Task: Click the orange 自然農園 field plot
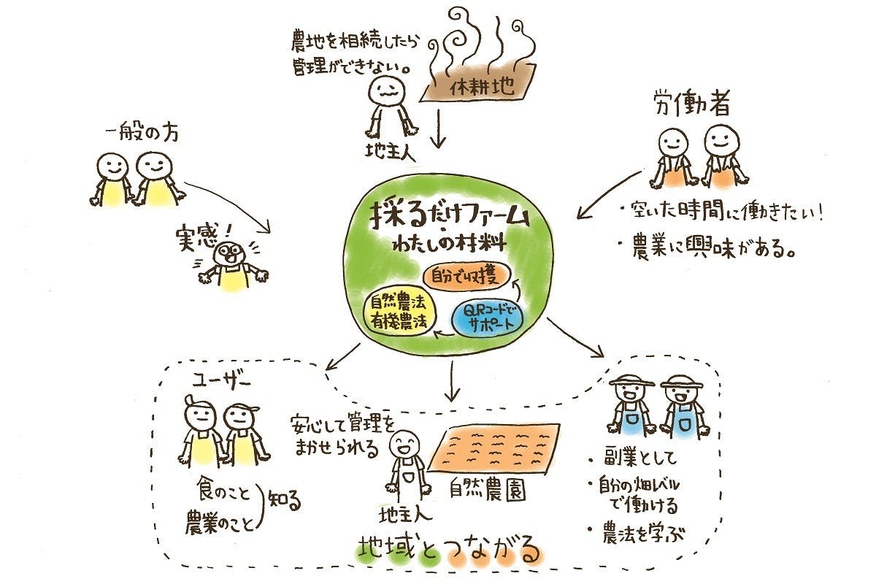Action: (495, 447)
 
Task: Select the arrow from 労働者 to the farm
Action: (610, 194)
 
